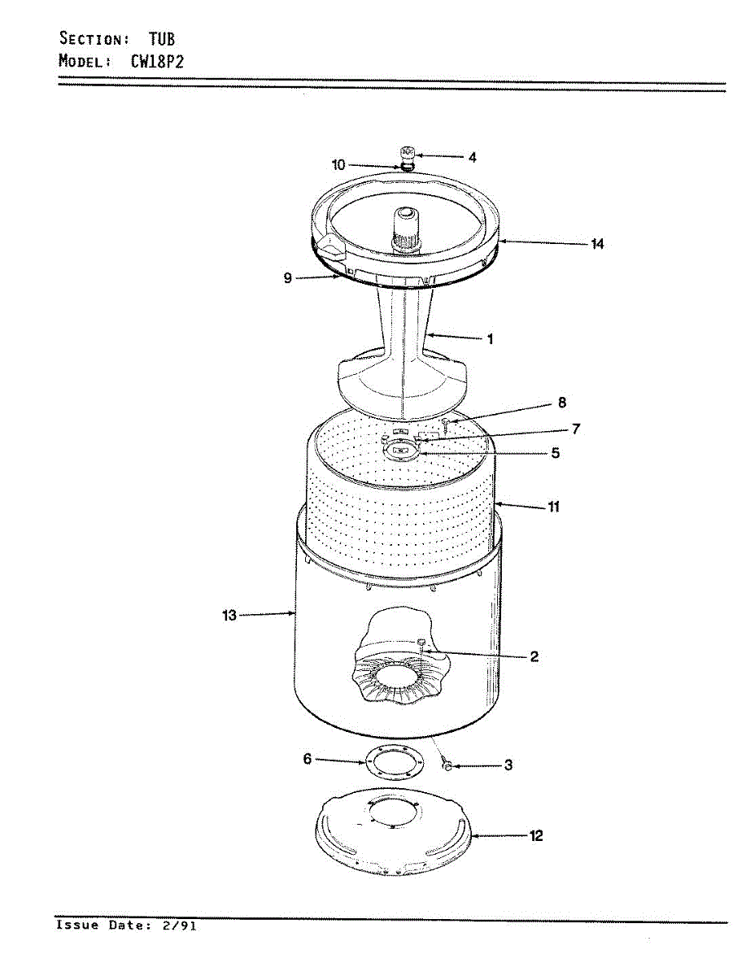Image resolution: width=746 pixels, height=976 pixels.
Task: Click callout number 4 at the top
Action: point(472,157)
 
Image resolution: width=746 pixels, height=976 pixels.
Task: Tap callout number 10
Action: point(338,165)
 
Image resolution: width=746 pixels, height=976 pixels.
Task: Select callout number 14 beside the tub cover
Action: point(597,243)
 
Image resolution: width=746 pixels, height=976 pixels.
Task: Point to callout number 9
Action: point(288,278)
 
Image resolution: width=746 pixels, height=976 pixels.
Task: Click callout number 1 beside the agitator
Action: point(490,339)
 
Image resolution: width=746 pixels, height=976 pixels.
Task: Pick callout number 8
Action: point(562,403)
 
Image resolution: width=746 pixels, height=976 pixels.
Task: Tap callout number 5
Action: point(555,453)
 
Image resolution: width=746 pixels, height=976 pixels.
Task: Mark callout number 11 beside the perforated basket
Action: point(553,508)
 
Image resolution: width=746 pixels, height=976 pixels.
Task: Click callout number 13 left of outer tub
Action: point(229,616)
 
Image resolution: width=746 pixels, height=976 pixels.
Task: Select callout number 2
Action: point(534,656)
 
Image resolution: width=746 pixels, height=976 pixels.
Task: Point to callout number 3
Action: point(508,765)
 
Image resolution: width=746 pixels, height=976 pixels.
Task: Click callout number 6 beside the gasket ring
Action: point(307,759)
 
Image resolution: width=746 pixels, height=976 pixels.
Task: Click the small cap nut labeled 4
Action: point(408,152)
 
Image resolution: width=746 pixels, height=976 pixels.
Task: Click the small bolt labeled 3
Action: point(446,765)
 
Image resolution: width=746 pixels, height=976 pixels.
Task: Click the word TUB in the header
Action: point(161,38)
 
